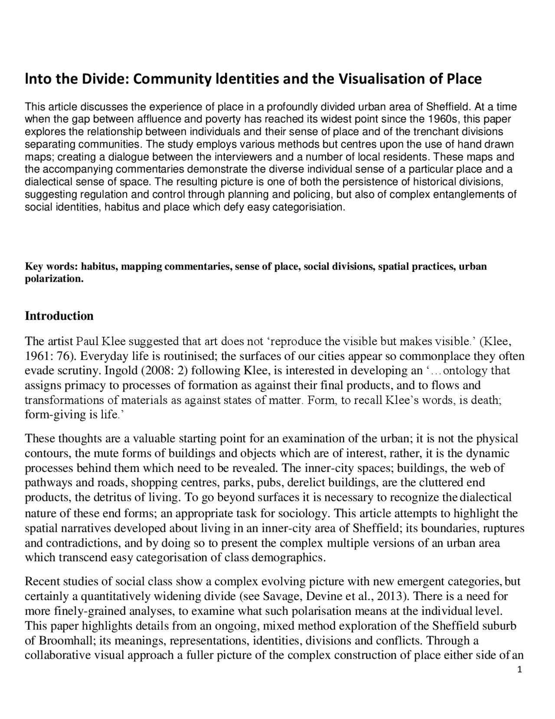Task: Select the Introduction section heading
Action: [x=59, y=316]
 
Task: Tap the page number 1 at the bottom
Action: [x=519, y=670]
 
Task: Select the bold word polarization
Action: [x=54, y=279]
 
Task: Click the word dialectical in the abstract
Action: [x=46, y=182]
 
